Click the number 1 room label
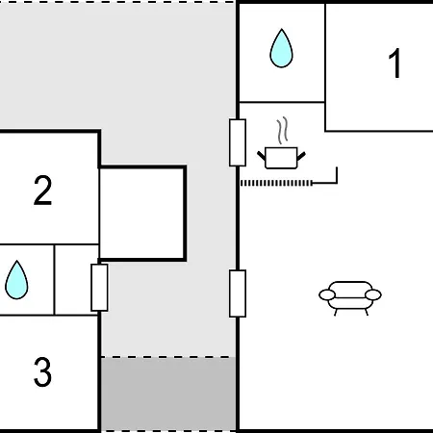[395, 64]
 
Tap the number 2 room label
[42, 191]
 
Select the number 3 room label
[42, 372]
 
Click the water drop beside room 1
[281, 48]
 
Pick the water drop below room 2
[16, 280]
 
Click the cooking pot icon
[281, 158]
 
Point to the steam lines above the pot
[282, 130]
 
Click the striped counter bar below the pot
[276, 183]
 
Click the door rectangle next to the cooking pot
[238, 142]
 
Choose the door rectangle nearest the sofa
[238, 293]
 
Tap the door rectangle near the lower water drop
[99, 288]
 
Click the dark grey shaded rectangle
[168, 394]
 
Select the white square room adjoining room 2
[142, 213]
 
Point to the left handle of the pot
[262, 156]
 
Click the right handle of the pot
[301, 156]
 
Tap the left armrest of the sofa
[327, 294]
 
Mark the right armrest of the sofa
[373, 294]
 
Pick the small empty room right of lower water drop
[76, 280]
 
